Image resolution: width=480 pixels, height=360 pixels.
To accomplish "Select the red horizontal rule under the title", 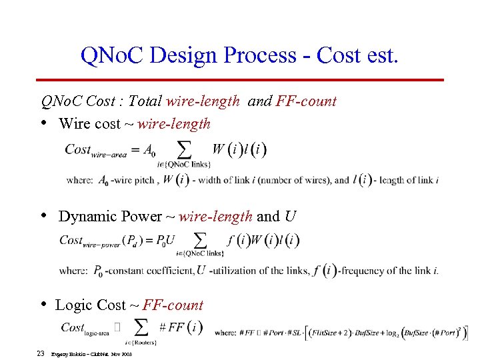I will (x=241, y=80).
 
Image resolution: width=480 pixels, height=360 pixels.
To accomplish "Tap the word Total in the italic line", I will (x=145, y=101).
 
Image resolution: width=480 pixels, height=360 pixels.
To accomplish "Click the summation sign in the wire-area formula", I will (x=183, y=148).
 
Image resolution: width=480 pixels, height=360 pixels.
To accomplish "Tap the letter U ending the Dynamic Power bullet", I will (x=290, y=216).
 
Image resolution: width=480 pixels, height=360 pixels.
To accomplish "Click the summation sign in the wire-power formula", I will (x=199, y=239).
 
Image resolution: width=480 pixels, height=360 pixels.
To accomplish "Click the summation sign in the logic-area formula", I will (x=141, y=326).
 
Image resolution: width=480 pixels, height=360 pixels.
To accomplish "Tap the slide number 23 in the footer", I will (x=41, y=353).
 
